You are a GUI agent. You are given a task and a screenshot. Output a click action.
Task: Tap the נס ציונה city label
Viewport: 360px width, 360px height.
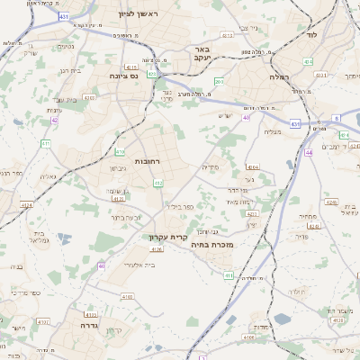pyautogui.click(x=123, y=77)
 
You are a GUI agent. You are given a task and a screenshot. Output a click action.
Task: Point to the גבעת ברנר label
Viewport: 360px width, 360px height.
pyautogui.click(x=126, y=217)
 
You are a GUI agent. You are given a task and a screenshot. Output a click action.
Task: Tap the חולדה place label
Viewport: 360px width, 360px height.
pyautogui.click(x=298, y=293)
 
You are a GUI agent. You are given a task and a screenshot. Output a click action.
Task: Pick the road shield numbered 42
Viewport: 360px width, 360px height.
pyautogui.click(x=55, y=120)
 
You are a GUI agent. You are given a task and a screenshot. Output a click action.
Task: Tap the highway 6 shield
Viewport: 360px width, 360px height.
pyautogui.click(x=336, y=118)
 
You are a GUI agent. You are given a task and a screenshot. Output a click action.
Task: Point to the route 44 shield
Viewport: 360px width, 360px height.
pyautogui.click(x=309, y=153)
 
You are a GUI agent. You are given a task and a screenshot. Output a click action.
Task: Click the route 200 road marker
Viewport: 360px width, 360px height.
pyautogui.click(x=218, y=82)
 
